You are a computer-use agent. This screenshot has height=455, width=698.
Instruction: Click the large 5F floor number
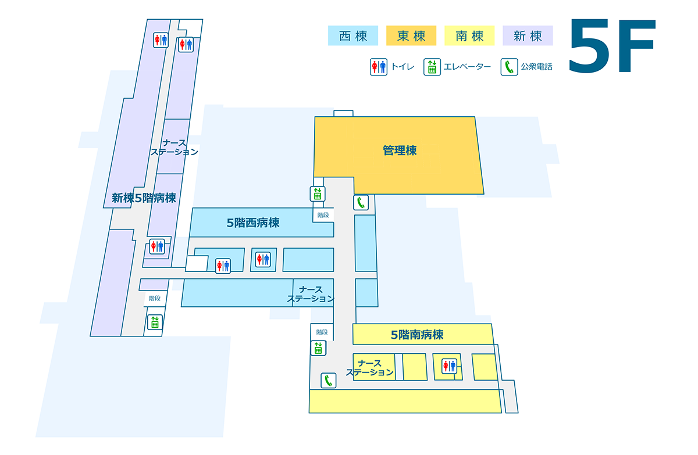point(612,46)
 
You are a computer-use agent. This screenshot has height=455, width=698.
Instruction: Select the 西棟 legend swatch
point(353,36)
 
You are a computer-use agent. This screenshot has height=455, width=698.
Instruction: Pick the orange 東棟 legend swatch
point(411,36)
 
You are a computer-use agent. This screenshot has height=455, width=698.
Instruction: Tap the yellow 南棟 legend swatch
point(469,36)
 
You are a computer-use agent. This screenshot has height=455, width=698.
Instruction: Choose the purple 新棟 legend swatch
point(528,36)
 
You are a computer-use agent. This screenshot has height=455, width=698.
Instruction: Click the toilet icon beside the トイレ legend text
point(379,67)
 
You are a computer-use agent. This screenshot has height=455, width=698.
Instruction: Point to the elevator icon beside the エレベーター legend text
point(432,67)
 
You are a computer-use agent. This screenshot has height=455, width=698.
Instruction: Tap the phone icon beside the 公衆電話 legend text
point(509,67)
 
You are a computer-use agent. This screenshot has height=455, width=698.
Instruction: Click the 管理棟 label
point(400,151)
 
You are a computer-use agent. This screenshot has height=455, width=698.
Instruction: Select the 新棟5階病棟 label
point(144,198)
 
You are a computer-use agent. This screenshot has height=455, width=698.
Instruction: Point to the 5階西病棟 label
point(253,223)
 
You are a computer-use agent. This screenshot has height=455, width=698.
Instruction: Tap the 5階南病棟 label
point(417,335)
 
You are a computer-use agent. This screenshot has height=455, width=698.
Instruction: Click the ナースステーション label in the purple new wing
point(174,148)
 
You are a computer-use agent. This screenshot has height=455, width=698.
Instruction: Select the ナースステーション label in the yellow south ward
point(370,368)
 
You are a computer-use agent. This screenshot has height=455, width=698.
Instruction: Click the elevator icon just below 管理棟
point(318,194)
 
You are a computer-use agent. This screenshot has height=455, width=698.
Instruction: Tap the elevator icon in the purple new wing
point(155,322)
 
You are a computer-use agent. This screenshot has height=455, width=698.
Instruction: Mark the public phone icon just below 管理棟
point(361,202)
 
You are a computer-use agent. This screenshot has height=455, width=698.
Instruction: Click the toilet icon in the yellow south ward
point(448,366)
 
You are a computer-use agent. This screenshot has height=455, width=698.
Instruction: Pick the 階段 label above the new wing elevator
point(154,298)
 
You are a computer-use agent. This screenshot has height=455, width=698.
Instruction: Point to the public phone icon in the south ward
point(329,381)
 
